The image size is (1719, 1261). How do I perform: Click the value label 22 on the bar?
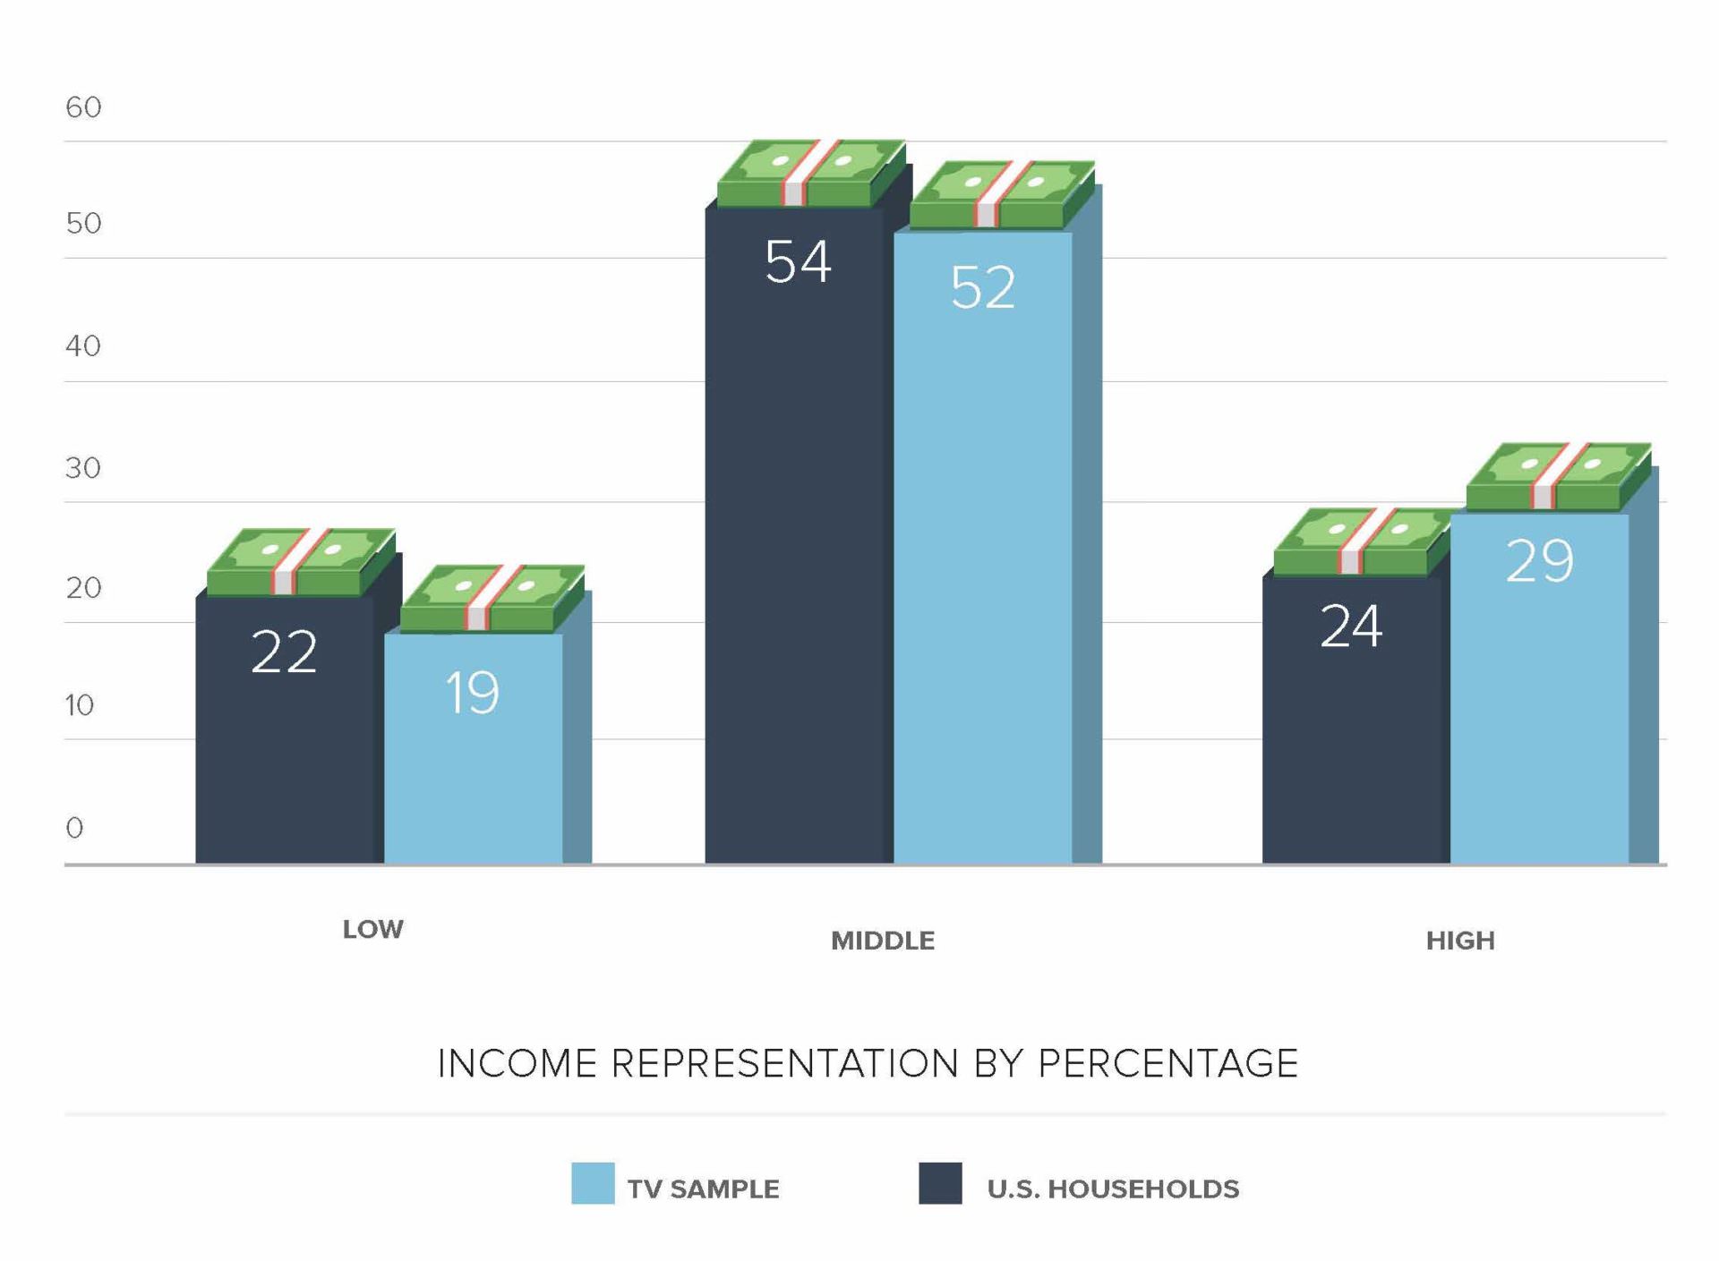pos(284,652)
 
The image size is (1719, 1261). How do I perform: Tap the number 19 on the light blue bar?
pos(472,692)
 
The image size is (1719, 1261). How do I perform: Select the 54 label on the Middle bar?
pos(798,262)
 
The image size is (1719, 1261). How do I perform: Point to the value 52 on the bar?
pos(983,287)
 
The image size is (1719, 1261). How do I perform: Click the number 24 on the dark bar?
pos(1351,626)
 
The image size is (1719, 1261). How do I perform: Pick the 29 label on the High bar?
pos(1539,561)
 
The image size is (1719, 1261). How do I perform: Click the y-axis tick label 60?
pos(83,107)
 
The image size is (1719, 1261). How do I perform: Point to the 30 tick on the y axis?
pos(82,468)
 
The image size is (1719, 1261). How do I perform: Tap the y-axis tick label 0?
pos(74,828)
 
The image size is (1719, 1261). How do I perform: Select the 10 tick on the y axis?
pos(80,706)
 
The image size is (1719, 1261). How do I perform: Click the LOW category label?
pos(372,929)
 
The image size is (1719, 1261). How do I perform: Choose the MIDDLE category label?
pos(882,941)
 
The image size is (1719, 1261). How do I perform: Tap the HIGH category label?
pos(1460,941)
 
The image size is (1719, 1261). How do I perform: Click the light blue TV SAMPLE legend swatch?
pos(593,1183)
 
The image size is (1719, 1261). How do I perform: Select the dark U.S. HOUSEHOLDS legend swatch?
pos(940,1183)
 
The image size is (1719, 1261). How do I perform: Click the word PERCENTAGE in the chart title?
pos(1167,1064)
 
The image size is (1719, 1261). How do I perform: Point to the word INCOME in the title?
pos(517,1064)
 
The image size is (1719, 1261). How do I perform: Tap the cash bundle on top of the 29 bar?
pos(1558,476)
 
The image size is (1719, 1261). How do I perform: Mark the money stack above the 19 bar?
pos(492,598)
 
